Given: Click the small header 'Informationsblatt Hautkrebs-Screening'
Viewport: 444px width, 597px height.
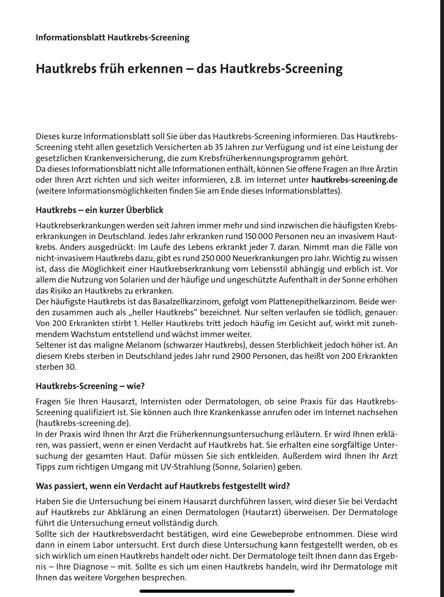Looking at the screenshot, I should point(112,37).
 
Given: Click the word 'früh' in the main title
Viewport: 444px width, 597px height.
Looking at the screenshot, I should point(111,69).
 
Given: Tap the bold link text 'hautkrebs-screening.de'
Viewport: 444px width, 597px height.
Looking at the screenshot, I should point(354,180).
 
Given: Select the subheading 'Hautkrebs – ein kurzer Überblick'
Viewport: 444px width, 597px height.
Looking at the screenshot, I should point(99,210).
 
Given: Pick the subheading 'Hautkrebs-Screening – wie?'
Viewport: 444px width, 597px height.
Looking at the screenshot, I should point(90,386).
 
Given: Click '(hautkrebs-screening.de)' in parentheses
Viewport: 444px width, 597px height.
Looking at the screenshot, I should point(84,423).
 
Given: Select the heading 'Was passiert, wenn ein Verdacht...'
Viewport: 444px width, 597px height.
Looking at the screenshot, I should point(162,486).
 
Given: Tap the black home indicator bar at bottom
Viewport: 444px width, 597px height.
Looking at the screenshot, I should point(217,591).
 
